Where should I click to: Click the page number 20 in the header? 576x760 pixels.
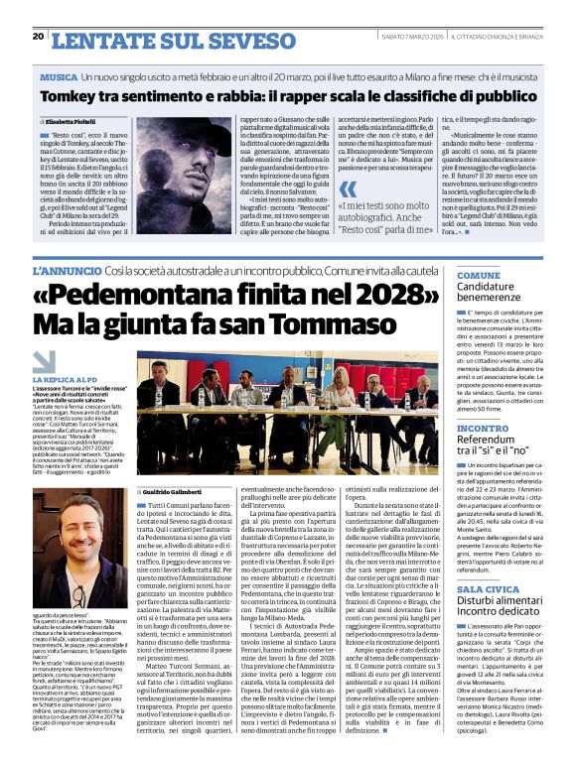click(x=39, y=37)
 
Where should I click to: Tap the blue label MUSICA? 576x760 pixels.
click(x=59, y=75)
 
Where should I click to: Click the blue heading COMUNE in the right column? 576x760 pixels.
click(x=479, y=275)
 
